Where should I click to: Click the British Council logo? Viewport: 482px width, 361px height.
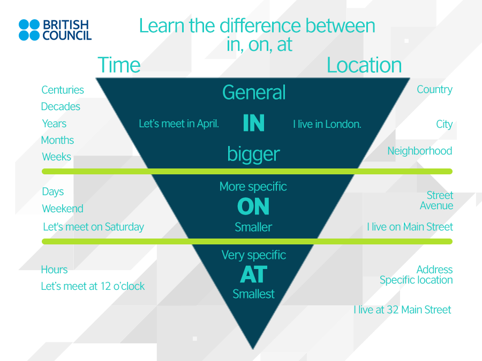[x=55, y=30]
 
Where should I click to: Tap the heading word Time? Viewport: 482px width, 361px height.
[x=119, y=65]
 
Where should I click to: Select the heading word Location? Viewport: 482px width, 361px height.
[x=364, y=65]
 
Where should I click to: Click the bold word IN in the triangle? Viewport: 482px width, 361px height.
[x=254, y=123]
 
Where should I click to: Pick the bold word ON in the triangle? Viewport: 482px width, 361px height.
[x=253, y=206]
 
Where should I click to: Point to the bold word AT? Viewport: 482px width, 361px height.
[x=254, y=274]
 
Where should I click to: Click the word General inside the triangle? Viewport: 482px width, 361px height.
[x=254, y=92]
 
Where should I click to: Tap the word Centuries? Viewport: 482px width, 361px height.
[x=63, y=90]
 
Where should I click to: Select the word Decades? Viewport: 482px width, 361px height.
[x=61, y=106]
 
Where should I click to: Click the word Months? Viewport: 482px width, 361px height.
[x=57, y=140]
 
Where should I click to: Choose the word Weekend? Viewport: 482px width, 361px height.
[x=63, y=209]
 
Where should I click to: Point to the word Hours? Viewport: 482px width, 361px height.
[x=55, y=270]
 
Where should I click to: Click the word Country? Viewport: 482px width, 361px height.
[x=435, y=90]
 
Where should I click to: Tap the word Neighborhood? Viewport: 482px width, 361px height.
[x=419, y=151]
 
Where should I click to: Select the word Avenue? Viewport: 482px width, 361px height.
[x=436, y=206]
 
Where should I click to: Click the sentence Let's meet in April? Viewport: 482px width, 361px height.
[x=179, y=124]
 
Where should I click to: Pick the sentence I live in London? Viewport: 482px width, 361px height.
[x=327, y=124]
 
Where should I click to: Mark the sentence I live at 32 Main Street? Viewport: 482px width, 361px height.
[x=402, y=310]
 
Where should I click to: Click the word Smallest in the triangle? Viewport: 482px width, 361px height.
[x=254, y=294]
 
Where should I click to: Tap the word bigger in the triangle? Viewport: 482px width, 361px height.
[x=254, y=155]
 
